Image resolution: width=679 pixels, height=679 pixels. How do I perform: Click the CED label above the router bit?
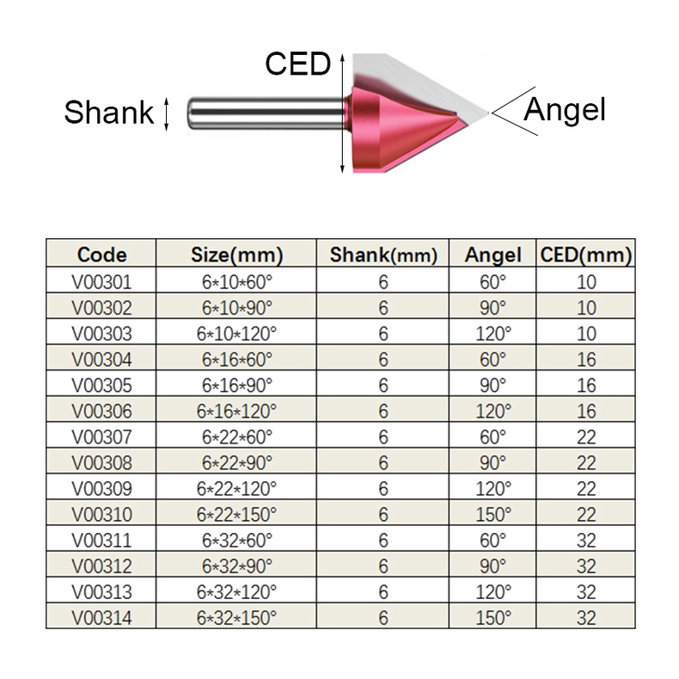[298, 64]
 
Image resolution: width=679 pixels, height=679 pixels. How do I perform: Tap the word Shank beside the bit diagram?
[109, 112]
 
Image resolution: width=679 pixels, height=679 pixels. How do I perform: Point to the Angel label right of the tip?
[564, 110]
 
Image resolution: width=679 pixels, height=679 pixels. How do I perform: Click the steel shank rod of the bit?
[266, 114]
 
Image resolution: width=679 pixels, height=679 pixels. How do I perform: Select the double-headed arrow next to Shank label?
[166, 114]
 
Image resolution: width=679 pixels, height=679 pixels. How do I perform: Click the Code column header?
[101, 254]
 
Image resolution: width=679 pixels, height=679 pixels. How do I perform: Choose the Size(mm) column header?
[237, 254]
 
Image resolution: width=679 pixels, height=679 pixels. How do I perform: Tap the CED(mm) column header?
[586, 254]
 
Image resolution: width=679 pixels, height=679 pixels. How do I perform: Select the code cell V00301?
[101, 282]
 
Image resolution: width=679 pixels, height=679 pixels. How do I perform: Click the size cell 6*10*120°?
[236, 333]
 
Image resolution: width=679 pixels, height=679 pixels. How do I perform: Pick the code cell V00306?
[101, 411]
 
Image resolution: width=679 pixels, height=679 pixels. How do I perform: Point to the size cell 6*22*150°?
[236, 515]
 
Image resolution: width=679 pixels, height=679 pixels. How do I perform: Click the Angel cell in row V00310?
[493, 515]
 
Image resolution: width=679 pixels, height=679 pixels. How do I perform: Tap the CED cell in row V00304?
[586, 359]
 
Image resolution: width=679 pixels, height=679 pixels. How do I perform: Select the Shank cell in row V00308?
[383, 463]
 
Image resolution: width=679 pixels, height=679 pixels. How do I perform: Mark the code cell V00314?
[101, 618]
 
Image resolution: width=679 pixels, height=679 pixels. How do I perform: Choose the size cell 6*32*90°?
[237, 566]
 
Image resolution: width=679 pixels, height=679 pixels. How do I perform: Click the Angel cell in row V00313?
[493, 592]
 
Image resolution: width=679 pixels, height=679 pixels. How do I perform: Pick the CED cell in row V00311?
[586, 541]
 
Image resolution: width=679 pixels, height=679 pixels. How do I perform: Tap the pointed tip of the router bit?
[487, 113]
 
